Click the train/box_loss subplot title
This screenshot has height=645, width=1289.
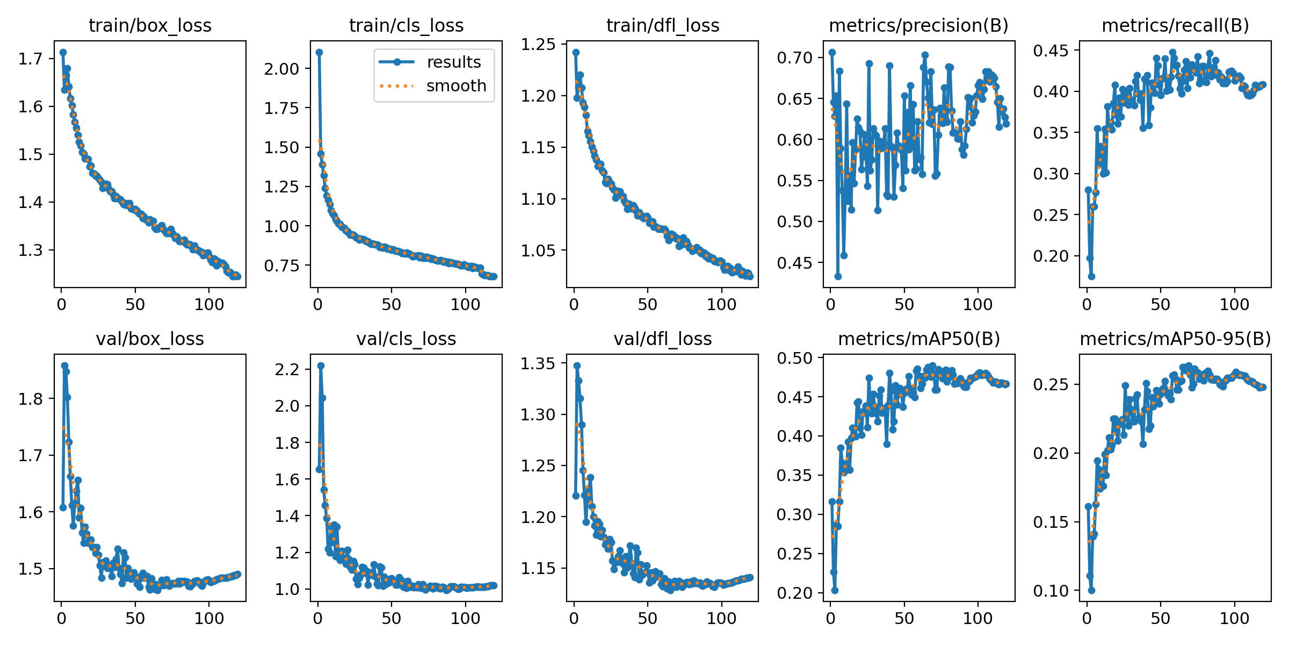pos(150,25)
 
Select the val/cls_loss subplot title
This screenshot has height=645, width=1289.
pos(406,339)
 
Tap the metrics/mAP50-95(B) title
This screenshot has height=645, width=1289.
pos(1175,339)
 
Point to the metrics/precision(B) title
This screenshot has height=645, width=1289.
pos(918,25)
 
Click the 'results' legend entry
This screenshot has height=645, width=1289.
pos(454,62)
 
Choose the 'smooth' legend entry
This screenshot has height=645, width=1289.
pos(456,85)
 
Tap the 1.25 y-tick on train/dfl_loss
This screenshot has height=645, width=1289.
pos(538,44)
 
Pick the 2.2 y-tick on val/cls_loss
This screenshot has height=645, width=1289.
pos(287,370)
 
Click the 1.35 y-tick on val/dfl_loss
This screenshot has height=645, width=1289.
pos(538,363)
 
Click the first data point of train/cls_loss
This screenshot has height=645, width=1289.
pos(319,52)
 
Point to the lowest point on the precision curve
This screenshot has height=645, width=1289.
pos(838,276)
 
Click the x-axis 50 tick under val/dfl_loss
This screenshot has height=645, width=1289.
pos(647,618)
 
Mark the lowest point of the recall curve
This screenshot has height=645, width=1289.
pos(1091,276)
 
